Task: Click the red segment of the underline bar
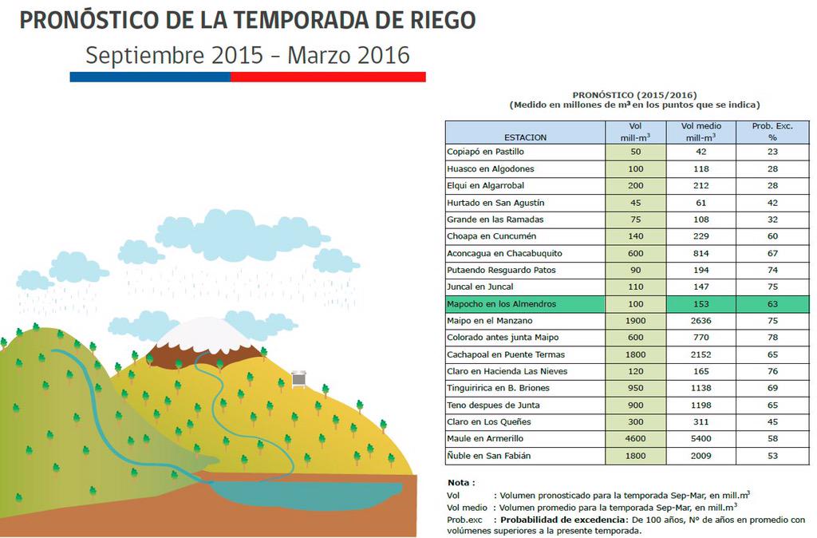pyautogui.click(x=328, y=77)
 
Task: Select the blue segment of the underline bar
pyautogui.click(x=150, y=77)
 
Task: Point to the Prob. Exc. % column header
pyautogui.click(x=772, y=132)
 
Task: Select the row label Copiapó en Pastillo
pyautogui.click(x=485, y=152)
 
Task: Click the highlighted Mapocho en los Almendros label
pyautogui.click(x=501, y=304)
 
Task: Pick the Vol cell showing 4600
pyautogui.click(x=636, y=439)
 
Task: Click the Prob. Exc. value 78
pyautogui.click(x=772, y=338)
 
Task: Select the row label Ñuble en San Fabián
pyautogui.click(x=488, y=456)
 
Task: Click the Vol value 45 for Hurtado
pyautogui.click(x=636, y=203)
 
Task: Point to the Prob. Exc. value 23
pyautogui.click(x=772, y=152)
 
